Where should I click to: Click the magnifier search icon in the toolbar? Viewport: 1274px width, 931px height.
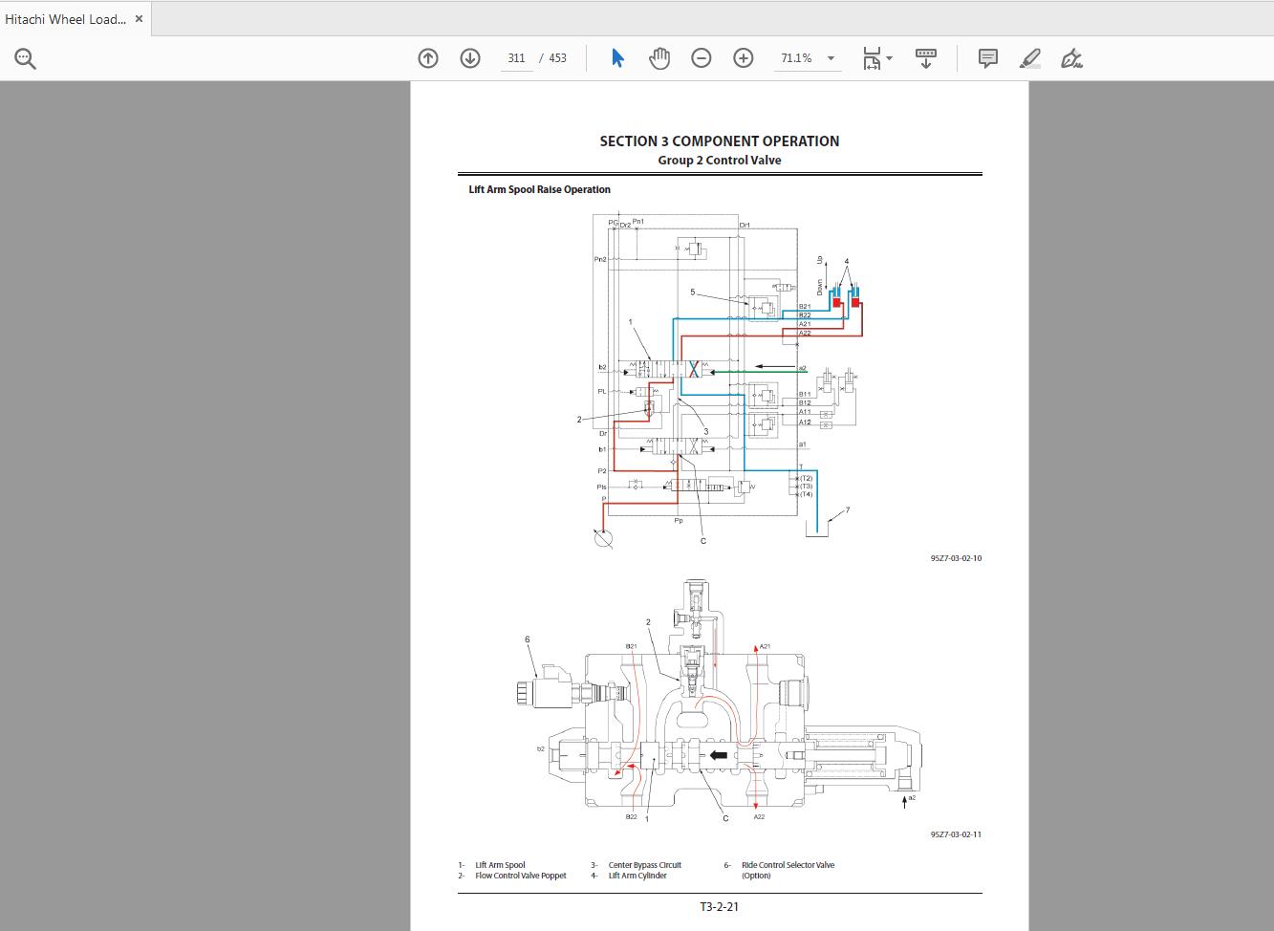[26, 59]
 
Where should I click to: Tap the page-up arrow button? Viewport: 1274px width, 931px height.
[428, 58]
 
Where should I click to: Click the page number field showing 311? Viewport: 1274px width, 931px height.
[516, 58]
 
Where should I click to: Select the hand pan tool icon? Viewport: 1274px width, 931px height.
[659, 58]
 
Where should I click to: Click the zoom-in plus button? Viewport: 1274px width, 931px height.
[744, 58]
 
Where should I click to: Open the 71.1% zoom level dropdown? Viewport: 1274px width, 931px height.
[808, 58]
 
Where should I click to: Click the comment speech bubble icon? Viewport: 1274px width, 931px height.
[988, 58]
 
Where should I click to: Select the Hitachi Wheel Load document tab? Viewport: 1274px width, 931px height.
[65, 19]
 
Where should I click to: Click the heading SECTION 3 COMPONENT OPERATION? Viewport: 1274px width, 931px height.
[719, 141]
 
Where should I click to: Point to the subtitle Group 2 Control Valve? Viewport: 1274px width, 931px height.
[719, 161]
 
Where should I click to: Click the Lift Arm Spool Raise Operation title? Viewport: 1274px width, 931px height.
[539, 189]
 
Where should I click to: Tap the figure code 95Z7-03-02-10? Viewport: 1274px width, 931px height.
[956, 558]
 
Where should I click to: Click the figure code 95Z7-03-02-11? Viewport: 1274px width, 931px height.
[956, 834]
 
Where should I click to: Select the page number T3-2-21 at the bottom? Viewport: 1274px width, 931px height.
[719, 906]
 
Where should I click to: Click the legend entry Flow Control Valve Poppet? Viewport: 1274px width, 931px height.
[520, 876]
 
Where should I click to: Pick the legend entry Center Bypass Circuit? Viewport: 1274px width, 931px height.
[644, 865]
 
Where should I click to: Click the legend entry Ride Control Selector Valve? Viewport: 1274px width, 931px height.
[788, 865]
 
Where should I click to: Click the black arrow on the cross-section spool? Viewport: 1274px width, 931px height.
[717, 755]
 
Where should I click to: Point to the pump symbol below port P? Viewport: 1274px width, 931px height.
[603, 539]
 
